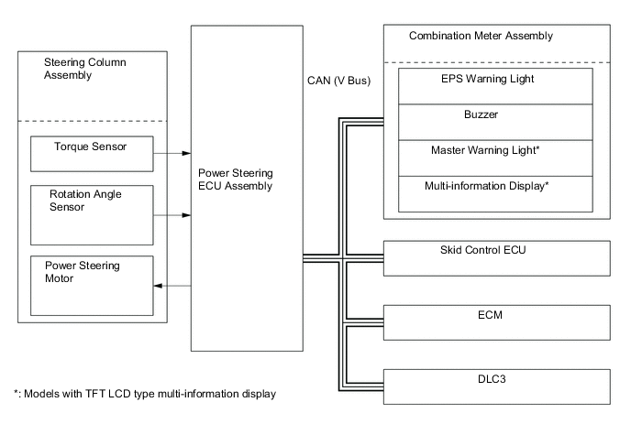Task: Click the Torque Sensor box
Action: (91, 153)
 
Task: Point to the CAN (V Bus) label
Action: (338, 81)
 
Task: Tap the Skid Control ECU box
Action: (495, 258)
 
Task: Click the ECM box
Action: (495, 321)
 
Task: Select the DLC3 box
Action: (495, 385)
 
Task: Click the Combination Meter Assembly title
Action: (468, 37)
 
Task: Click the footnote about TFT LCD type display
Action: (146, 394)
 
